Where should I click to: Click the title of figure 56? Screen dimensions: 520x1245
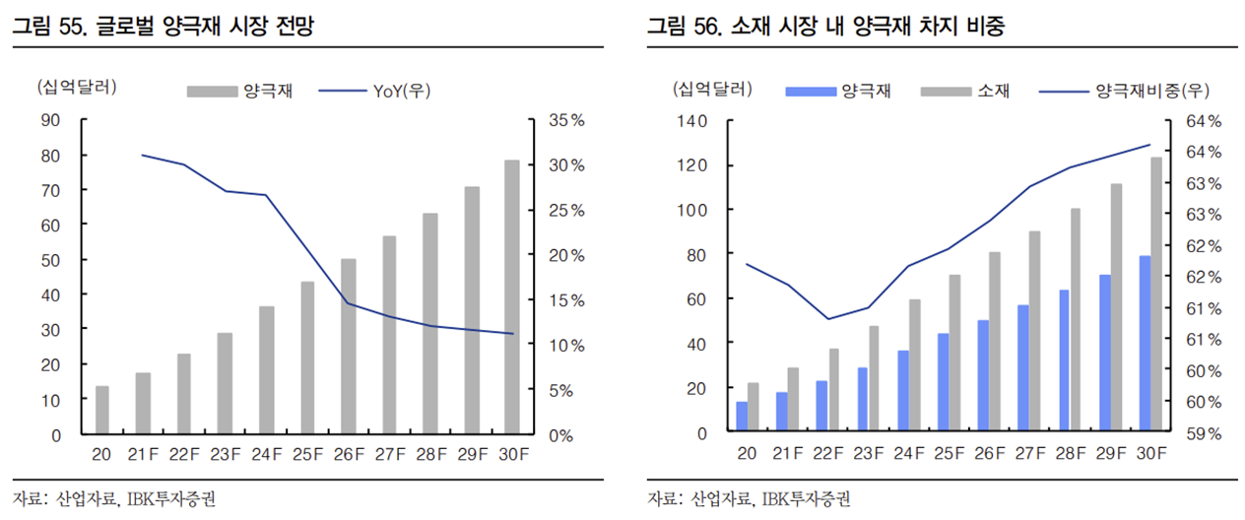(x=832, y=28)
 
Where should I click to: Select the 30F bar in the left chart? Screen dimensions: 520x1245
(x=512, y=295)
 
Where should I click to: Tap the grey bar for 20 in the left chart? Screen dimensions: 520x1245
(x=101, y=409)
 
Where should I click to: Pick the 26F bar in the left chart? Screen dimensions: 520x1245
(x=349, y=345)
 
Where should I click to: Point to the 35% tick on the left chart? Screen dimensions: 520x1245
(x=564, y=120)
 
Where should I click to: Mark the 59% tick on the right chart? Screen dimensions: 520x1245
(x=1202, y=433)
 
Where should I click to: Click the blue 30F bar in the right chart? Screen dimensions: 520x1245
(x=1145, y=344)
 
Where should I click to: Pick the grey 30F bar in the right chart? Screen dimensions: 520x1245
(x=1156, y=294)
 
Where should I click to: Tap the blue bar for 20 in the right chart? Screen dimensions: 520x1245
(x=742, y=417)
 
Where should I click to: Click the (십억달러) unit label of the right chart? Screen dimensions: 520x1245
(x=713, y=91)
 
